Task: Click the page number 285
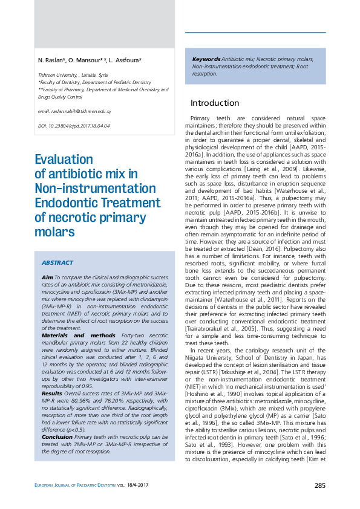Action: [x=319, y=486]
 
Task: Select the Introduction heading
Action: [x=215, y=103]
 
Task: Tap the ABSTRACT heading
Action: [x=57, y=263]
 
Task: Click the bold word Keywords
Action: [x=206, y=59]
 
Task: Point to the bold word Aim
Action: [x=47, y=276]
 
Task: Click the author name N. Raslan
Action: [x=51, y=61]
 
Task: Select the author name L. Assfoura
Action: [x=125, y=61]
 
